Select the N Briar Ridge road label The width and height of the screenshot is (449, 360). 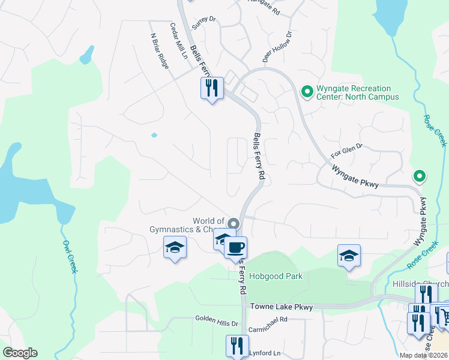pyautogui.click(x=159, y=50)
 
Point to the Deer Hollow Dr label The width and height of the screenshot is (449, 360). pyautogui.click(x=277, y=47)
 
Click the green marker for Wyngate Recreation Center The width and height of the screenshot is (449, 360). pyautogui.click(x=307, y=92)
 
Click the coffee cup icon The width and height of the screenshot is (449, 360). pyautogui.click(x=236, y=246)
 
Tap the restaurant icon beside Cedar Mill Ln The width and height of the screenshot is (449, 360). pyautogui.click(x=211, y=89)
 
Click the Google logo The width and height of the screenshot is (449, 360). pyautogui.click(x=20, y=353)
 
